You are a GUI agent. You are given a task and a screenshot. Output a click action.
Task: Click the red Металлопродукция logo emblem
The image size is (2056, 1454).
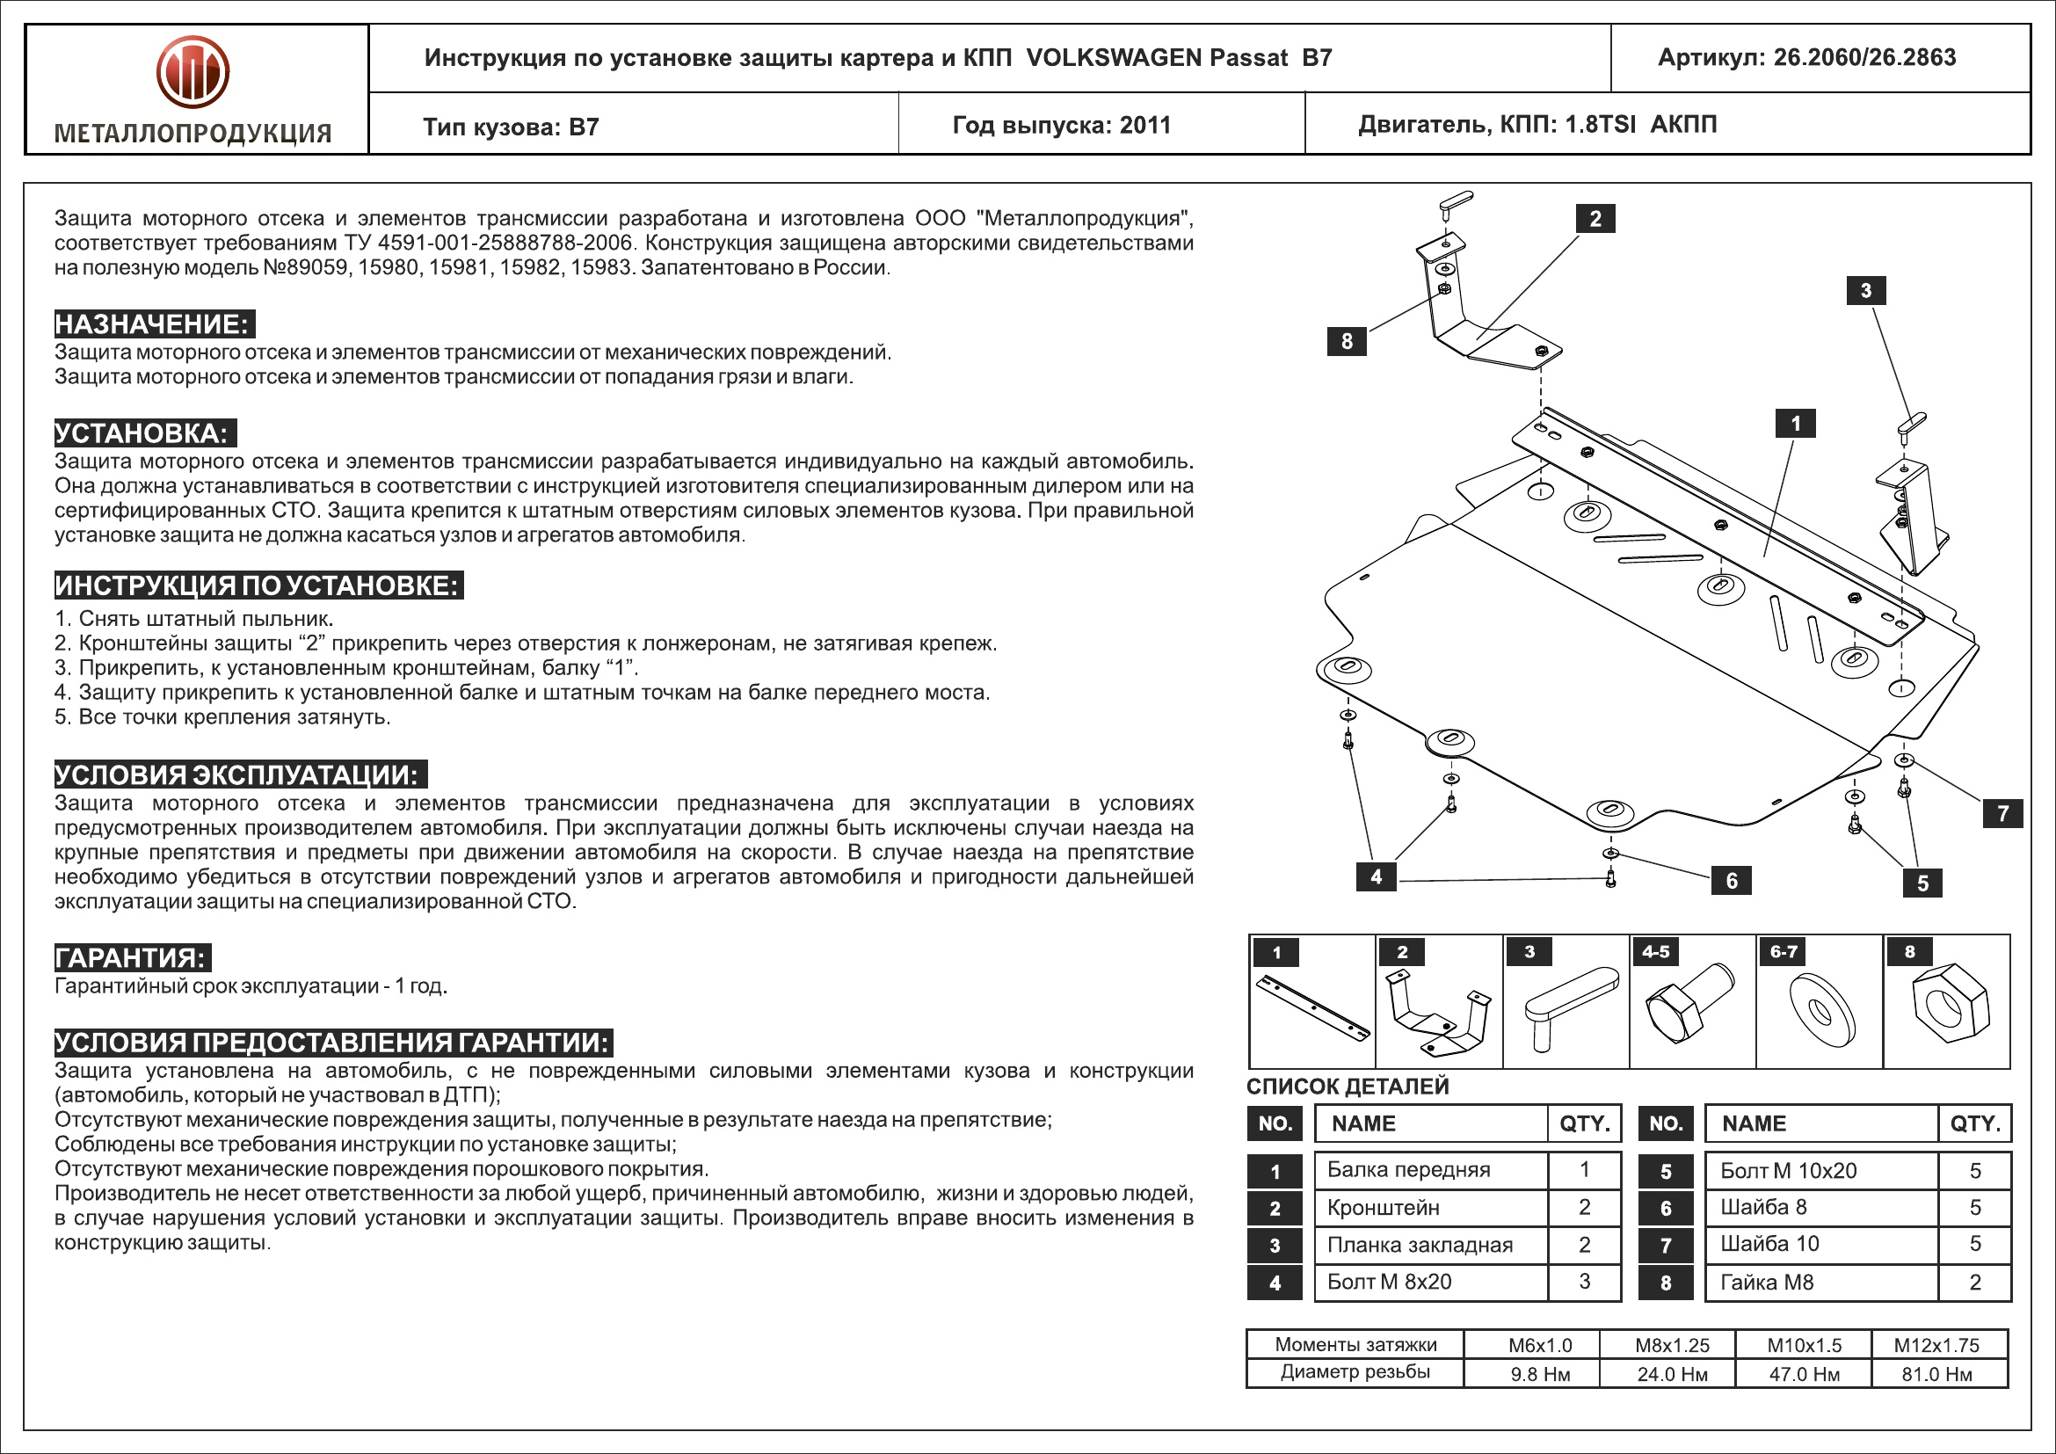[x=193, y=71]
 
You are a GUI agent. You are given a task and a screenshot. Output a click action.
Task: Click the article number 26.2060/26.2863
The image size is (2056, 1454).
[x=1864, y=58]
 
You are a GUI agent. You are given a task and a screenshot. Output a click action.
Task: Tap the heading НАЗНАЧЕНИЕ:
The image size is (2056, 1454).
[x=153, y=324]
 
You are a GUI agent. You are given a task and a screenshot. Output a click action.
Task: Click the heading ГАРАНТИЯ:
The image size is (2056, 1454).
[x=132, y=957]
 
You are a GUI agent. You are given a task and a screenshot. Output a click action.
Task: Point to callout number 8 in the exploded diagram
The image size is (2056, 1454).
[x=1346, y=341]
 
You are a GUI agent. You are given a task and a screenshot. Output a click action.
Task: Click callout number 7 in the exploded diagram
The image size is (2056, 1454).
[x=2003, y=813]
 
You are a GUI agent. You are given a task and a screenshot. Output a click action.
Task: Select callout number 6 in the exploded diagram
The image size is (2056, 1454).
[x=1731, y=881]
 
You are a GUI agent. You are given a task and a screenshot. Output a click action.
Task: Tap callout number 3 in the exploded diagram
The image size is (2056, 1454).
[x=1865, y=290]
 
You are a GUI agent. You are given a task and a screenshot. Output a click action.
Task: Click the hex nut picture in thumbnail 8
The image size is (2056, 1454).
[x=1950, y=1005]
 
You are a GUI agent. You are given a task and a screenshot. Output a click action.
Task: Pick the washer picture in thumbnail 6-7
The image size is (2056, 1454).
[x=1821, y=1009]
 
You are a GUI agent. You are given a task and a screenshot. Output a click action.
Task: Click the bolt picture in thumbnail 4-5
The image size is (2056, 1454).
[x=1688, y=1003]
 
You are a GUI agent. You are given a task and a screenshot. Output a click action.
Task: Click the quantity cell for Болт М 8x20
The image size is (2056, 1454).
[x=1584, y=1282]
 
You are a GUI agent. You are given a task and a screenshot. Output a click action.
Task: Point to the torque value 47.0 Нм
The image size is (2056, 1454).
[x=1804, y=1374]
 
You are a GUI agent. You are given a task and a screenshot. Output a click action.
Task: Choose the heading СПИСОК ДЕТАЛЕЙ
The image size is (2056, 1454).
[x=1348, y=1086]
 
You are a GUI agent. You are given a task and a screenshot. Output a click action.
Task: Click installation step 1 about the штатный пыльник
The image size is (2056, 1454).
[x=194, y=619]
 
